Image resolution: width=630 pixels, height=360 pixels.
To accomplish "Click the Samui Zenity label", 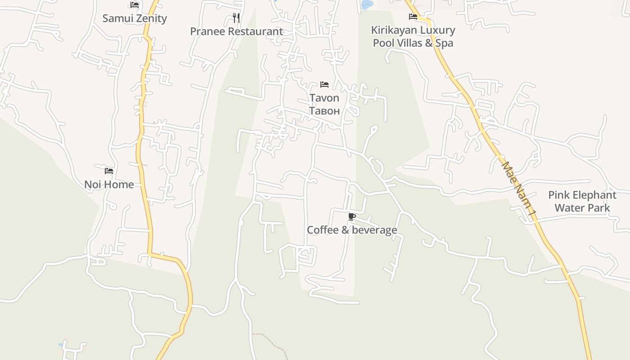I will click(x=135, y=18).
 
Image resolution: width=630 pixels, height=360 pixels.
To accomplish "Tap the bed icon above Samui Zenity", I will click(x=135, y=5).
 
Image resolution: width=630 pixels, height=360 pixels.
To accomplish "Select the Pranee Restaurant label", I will click(x=236, y=31).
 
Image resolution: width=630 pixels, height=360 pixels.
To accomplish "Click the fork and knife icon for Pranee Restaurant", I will click(x=236, y=18).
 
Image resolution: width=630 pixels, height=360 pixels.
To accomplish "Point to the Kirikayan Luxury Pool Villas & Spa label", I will click(x=413, y=36).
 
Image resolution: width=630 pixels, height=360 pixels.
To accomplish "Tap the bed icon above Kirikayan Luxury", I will click(x=413, y=17).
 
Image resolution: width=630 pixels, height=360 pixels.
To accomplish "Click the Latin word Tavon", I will click(x=324, y=98).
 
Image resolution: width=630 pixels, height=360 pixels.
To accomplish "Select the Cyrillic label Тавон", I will click(x=324, y=111).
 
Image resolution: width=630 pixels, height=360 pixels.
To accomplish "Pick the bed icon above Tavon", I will click(x=324, y=84).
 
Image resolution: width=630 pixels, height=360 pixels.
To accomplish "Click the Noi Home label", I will click(x=109, y=184).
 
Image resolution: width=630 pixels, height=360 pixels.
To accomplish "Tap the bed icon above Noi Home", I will click(x=109, y=171).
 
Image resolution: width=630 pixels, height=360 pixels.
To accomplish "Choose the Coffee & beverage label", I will click(x=352, y=230).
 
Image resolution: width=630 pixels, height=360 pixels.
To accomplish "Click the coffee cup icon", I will click(x=352, y=217).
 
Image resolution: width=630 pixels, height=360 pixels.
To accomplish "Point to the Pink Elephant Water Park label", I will click(x=582, y=201).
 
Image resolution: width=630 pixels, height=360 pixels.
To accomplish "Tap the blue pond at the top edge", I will click(x=367, y=4).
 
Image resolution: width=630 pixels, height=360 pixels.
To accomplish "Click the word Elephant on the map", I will click(x=594, y=195).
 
